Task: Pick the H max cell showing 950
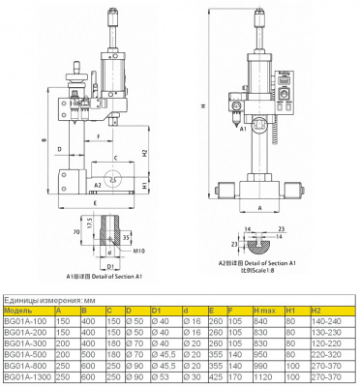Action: (x=261, y=349)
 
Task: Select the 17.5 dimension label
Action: (x=90, y=222)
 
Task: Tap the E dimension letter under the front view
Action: (x=92, y=204)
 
